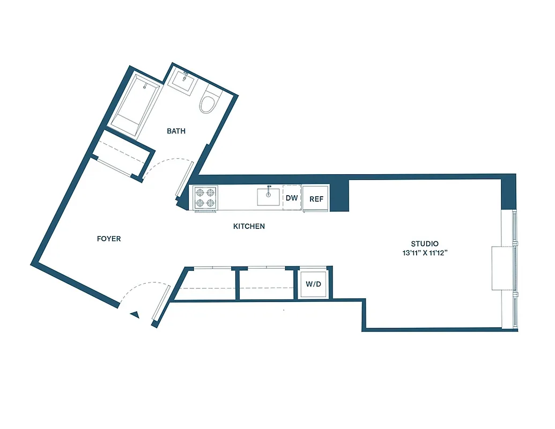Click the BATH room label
[176, 131]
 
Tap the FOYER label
[109, 239]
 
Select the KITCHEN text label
[249, 226]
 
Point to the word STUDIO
[425, 243]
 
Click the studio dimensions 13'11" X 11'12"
[425, 253]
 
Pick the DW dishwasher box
[291, 198]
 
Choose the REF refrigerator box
[316, 199]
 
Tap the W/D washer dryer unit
[313, 284]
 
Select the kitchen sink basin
[268, 197]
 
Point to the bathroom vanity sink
[182, 84]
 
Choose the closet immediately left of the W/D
[267, 284]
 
